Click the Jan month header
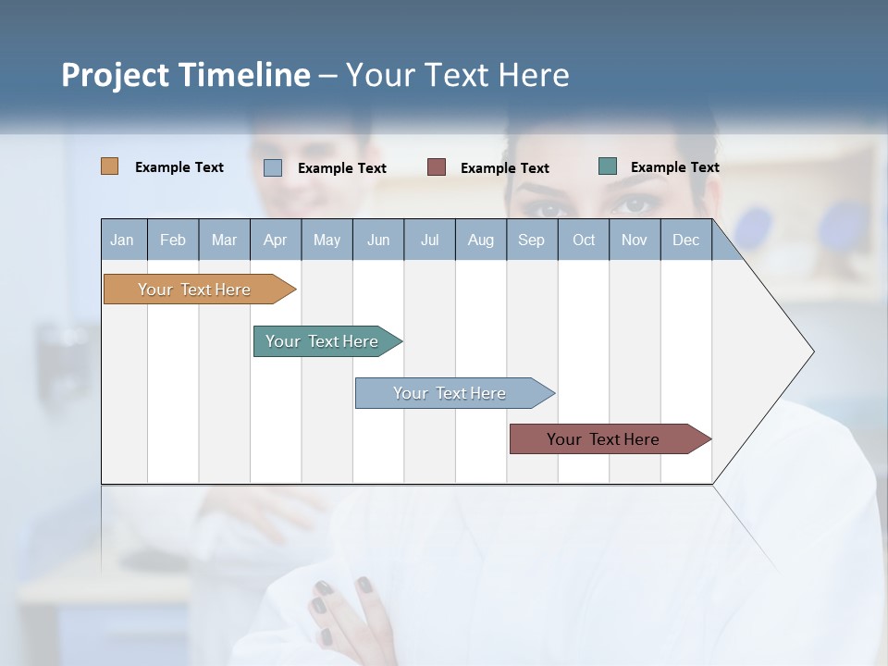(122, 240)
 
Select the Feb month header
(173, 240)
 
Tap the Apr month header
(275, 240)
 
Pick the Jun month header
(378, 240)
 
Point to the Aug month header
(480, 240)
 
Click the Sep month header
(531, 240)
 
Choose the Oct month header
(584, 240)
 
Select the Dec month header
(685, 240)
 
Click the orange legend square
(110, 166)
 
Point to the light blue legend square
(273, 167)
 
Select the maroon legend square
(437, 167)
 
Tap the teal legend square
(608, 166)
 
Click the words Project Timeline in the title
(186, 75)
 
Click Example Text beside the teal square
(674, 167)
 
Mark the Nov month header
(635, 240)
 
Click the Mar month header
(224, 240)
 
